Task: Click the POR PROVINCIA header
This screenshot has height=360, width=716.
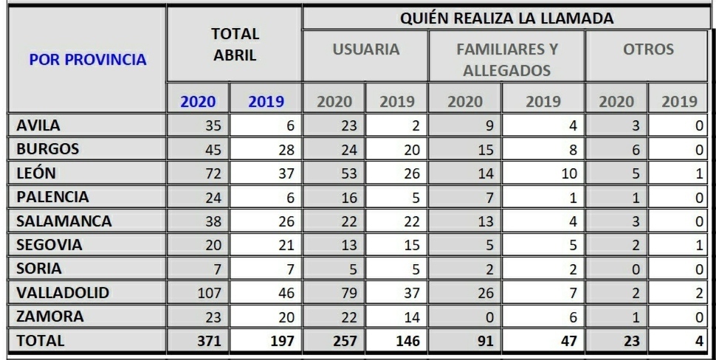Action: pyautogui.click(x=87, y=60)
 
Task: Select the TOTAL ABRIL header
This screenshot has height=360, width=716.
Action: pyautogui.click(x=235, y=44)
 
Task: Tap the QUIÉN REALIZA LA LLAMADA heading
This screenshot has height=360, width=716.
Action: pyautogui.click(x=509, y=18)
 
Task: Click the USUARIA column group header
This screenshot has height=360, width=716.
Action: pyautogui.click(x=365, y=50)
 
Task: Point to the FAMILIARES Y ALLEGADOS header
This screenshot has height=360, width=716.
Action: pyautogui.click(x=506, y=60)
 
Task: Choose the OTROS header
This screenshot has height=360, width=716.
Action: pyautogui.click(x=647, y=50)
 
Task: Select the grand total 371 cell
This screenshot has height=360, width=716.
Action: pyautogui.click(x=208, y=342)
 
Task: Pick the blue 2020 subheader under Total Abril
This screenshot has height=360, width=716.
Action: pyautogui.click(x=198, y=101)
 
